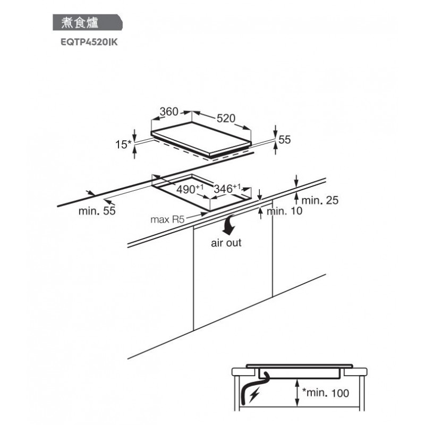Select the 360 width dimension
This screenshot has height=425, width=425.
point(169,113)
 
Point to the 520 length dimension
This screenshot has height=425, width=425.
point(225,118)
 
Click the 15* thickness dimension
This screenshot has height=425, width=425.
point(123,143)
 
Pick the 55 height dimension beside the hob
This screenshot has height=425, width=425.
point(285,140)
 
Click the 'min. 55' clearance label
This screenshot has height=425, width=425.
point(97,211)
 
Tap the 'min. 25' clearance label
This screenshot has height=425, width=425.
point(320,201)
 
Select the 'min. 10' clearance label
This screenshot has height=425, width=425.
point(284,211)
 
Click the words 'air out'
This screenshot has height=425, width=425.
point(226,243)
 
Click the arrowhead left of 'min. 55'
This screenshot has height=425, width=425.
point(108,201)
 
